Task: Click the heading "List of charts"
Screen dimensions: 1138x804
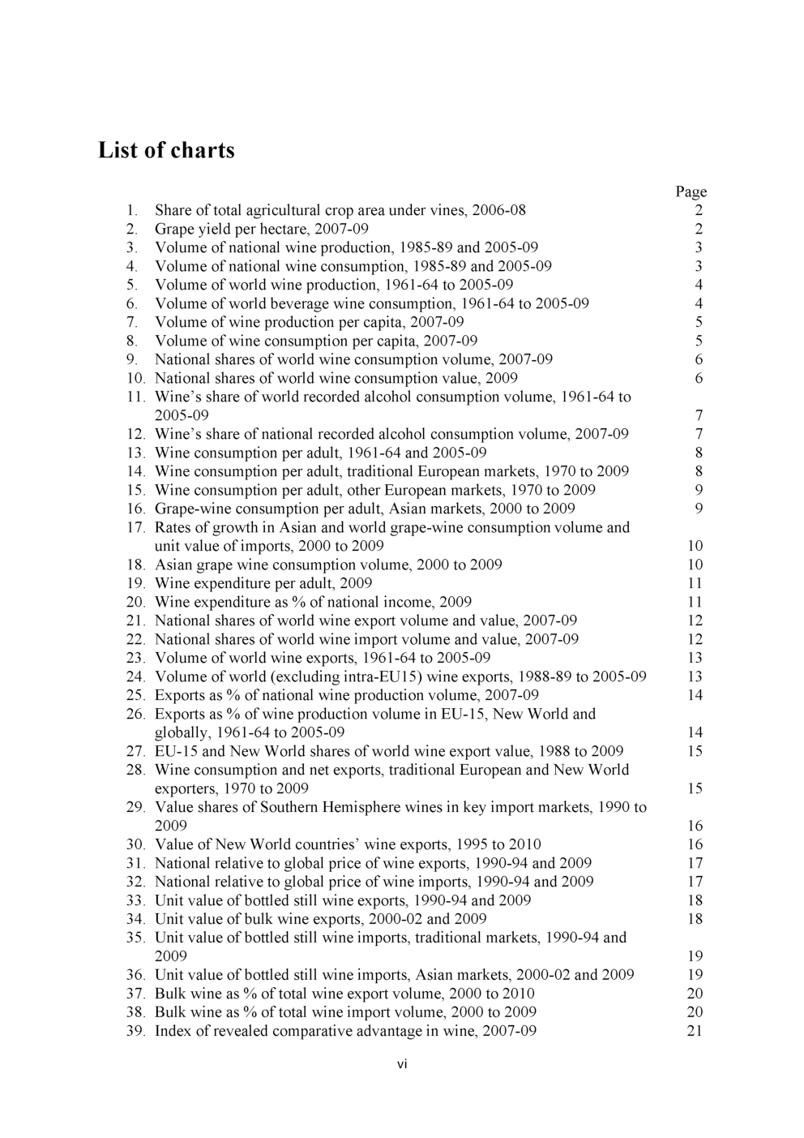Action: pos(166,151)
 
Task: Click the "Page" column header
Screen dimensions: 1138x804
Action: pos(691,192)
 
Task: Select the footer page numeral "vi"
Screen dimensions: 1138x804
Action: pos(402,1064)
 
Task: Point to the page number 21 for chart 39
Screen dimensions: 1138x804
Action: pos(695,1031)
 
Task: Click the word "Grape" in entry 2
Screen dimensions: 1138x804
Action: pos(174,230)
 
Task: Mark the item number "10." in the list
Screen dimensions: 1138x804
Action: pos(135,379)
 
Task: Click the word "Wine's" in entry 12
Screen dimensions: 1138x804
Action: pos(178,435)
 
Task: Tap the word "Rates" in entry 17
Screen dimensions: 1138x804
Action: pos(173,528)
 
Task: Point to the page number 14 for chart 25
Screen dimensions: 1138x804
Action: pos(695,696)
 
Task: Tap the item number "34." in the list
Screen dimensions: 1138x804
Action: pos(135,920)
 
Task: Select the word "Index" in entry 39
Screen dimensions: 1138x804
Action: pos(173,1032)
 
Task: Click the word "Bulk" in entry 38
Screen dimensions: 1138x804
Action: pos(170,1013)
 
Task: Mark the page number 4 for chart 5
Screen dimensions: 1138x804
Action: pos(699,286)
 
